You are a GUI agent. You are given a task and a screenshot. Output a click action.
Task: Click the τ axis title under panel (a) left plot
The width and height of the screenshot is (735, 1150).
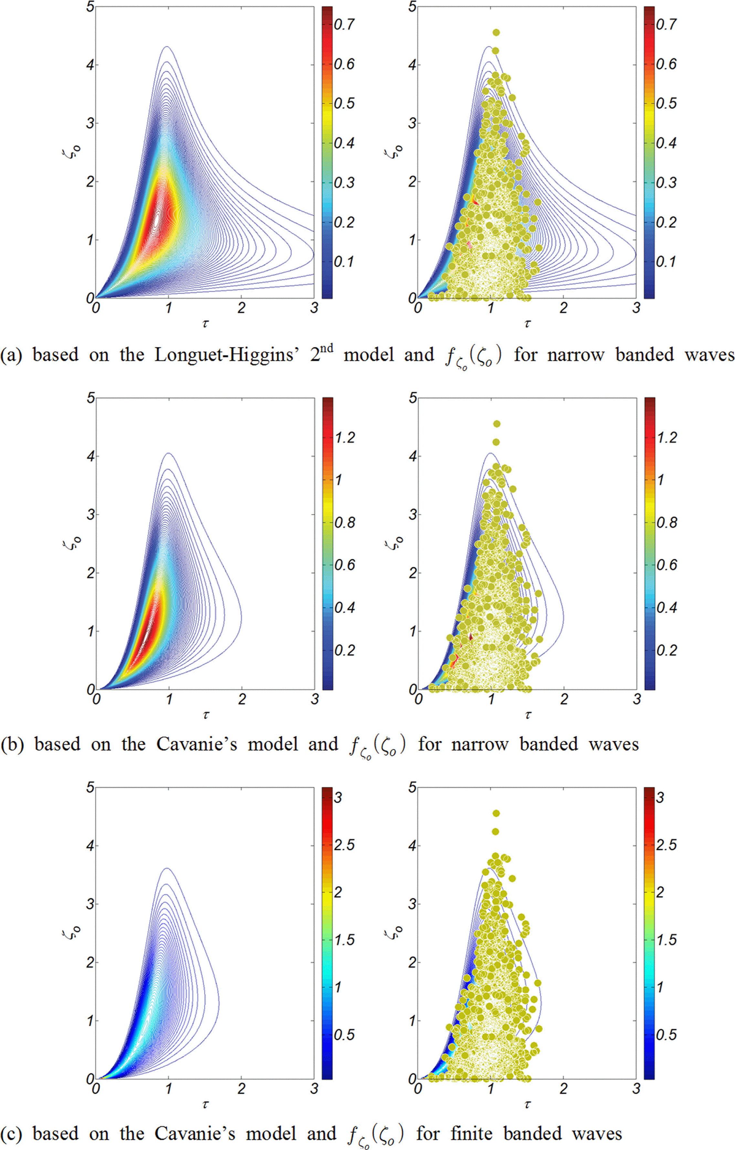(x=205, y=323)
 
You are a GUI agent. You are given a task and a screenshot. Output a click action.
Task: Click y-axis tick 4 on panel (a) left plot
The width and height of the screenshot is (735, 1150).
(x=89, y=65)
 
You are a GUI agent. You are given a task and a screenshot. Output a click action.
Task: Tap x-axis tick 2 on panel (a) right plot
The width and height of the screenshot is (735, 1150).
(x=563, y=308)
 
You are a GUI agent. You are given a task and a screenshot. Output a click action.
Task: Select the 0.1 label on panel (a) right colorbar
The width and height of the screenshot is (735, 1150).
(x=666, y=261)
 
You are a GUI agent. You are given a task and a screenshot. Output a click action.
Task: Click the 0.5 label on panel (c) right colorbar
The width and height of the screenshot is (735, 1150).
(x=666, y=1034)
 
